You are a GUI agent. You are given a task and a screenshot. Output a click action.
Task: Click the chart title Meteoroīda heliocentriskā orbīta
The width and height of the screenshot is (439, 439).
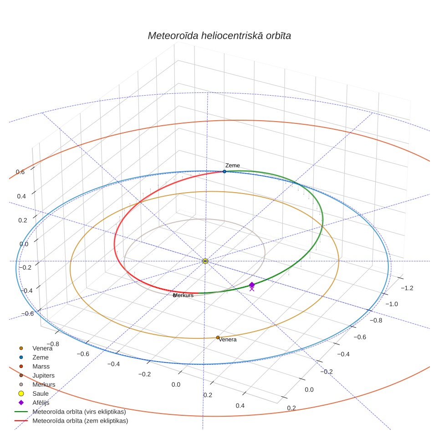coord(219,36)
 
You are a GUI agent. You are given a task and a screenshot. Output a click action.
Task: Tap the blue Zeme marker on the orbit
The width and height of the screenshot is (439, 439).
coord(225,171)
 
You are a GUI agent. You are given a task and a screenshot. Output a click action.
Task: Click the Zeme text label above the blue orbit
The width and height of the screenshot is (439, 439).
coord(232,165)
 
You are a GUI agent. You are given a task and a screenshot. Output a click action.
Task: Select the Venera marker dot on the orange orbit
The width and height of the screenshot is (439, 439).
coord(218,337)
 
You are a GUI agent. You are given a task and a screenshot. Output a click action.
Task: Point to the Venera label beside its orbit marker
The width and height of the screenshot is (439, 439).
coord(228,340)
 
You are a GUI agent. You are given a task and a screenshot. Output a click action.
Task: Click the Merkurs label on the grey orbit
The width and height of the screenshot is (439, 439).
coord(184,296)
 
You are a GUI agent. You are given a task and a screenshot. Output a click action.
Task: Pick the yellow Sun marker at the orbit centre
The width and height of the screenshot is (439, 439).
coord(205,261)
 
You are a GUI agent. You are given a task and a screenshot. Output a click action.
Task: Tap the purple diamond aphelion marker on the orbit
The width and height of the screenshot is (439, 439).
coord(252,285)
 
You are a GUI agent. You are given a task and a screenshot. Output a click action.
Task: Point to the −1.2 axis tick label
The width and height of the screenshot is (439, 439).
coord(407,288)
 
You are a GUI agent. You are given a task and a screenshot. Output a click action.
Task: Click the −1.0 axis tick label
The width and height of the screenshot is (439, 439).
coord(392,304)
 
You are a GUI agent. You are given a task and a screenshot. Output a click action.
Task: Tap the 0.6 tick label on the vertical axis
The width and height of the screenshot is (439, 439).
coord(20,172)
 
